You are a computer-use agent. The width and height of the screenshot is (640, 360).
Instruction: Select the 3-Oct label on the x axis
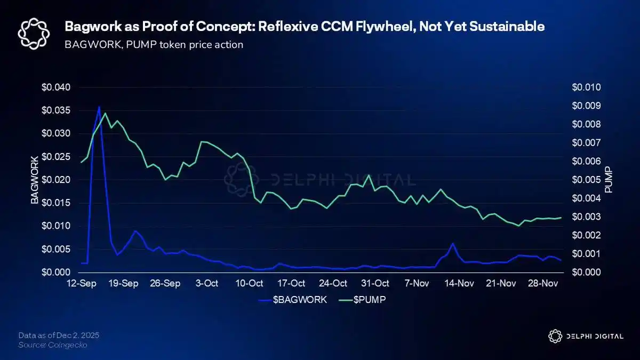[207, 283]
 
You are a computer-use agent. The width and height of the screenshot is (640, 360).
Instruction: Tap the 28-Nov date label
[543, 283]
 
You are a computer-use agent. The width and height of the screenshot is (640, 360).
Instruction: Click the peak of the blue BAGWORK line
[99, 107]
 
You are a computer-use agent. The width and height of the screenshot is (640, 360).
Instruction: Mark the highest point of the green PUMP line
[105, 113]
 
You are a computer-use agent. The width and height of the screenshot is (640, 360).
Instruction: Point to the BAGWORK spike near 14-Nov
[452, 244]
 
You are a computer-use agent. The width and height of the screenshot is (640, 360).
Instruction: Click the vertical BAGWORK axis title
[35, 180]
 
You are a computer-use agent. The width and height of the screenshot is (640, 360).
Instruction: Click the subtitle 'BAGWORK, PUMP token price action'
[154, 44]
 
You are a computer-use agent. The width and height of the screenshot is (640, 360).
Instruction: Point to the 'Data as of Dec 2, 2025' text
[59, 335]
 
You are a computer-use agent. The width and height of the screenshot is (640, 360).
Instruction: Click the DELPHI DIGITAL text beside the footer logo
[594, 336]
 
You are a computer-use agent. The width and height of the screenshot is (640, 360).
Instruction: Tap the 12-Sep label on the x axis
[81, 283]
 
